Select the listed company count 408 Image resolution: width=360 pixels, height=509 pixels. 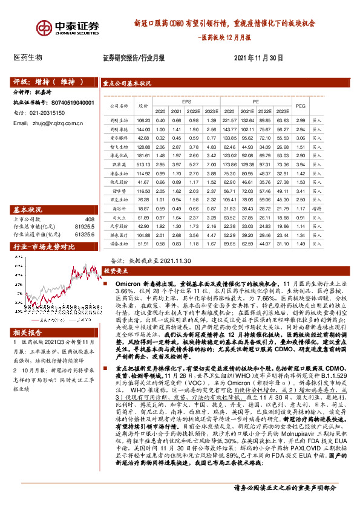point(90,219)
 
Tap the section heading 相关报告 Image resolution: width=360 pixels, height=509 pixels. point(28,334)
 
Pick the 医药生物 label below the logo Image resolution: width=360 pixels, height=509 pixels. point(28,57)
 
